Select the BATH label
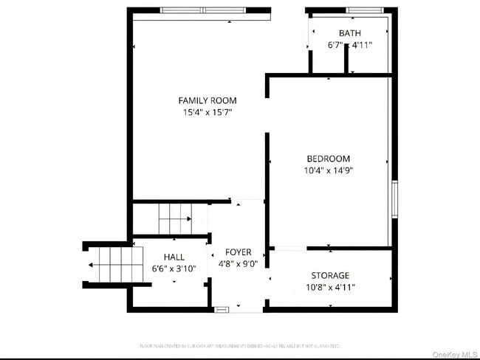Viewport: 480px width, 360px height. (350, 33)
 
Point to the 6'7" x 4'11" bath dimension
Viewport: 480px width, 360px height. (350, 45)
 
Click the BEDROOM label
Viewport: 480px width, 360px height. (329, 159)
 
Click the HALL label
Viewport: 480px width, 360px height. (174, 257)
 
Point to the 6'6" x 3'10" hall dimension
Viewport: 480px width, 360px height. (174, 269)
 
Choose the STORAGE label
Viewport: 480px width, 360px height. (330, 275)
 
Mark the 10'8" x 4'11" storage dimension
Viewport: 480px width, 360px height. (330, 288)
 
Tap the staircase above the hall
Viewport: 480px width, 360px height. (174, 218)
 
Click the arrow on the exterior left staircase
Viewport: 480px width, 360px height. (92, 265)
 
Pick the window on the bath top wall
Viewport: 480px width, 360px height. (364, 10)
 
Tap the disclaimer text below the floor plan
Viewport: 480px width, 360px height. (240, 345)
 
